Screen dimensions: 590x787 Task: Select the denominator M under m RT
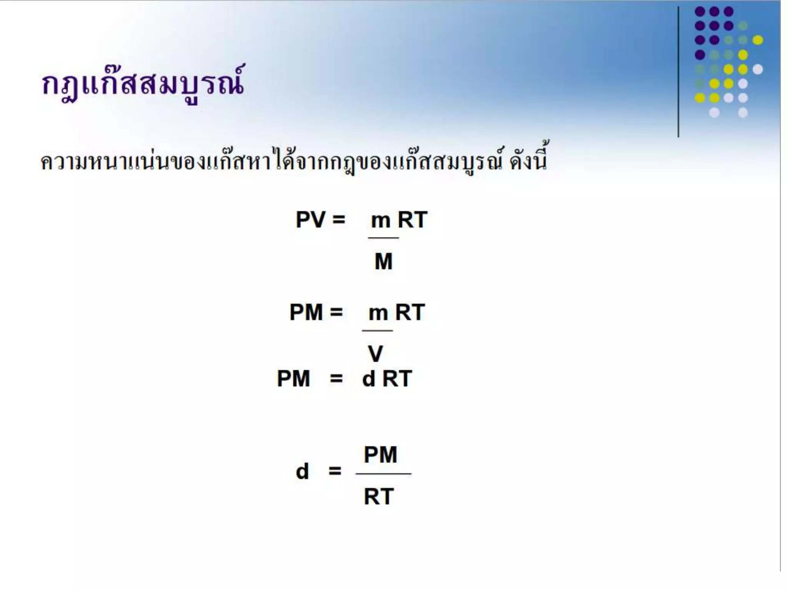(x=384, y=262)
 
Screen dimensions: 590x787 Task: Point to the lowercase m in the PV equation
(x=380, y=221)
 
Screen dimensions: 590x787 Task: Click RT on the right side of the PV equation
(x=412, y=220)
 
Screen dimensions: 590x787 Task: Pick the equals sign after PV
(x=339, y=220)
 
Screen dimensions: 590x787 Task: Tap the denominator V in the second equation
(x=375, y=353)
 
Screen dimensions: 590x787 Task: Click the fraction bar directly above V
(x=377, y=330)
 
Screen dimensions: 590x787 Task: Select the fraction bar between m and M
(x=383, y=238)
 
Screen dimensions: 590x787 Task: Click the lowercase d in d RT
(x=369, y=379)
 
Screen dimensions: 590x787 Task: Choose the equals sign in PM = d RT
(x=336, y=379)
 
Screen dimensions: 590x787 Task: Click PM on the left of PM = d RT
(x=293, y=379)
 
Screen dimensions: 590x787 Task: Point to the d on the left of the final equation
(x=302, y=471)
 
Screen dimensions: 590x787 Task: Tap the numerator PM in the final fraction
(x=380, y=455)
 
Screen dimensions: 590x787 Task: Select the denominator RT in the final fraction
(x=379, y=497)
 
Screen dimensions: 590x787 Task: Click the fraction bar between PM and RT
(x=384, y=474)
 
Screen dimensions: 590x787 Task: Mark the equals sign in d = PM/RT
(x=335, y=471)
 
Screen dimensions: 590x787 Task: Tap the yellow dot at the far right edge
(x=757, y=40)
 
